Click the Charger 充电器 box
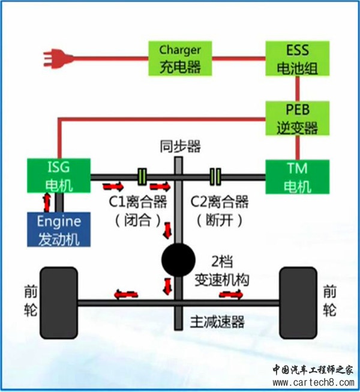pyautogui.click(x=180, y=58)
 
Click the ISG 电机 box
pyautogui.click(x=58, y=175)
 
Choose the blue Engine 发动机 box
pyautogui.click(x=58, y=229)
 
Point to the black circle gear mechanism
pyautogui.click(x=178, y=261)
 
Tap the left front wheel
pyautogui.click(x=59, y=300)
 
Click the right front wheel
pyautogui.click(x=298, y=300)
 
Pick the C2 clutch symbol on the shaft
pyautogui.click(x=215, y=176)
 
